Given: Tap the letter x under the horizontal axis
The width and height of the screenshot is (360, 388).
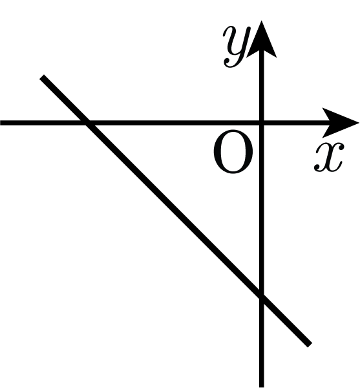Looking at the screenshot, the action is tap(329, 157).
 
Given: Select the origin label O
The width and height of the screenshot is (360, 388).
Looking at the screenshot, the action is tap(233, 151).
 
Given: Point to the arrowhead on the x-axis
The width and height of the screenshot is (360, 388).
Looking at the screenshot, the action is tap(341, 123).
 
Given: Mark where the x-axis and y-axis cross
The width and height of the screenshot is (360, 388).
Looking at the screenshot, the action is tap(262, 123).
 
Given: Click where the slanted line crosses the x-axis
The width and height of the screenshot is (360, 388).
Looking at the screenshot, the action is tap(85, 123).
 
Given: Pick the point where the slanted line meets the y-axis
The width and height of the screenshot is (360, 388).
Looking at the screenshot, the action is tap(262, 297).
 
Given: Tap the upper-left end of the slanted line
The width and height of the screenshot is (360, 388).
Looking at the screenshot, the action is tap(41, 77).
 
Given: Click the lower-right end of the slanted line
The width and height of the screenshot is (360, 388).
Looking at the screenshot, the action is tap(310, 345).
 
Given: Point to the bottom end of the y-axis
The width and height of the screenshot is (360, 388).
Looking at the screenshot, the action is tap(262, 387).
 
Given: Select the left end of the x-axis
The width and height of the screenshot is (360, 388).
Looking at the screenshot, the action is tap(1, 123).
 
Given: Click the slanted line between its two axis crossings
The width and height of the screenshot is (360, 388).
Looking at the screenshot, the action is tap(174, 210).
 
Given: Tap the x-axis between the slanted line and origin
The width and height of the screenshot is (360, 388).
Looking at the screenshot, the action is tap(174, 123).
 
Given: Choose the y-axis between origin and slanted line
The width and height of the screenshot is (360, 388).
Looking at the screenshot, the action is tap(262, 210).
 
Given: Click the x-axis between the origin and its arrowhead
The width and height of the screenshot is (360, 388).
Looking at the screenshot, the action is tap(294, 123).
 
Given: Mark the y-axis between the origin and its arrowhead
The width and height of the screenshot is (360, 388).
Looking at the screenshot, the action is tap(262, 87).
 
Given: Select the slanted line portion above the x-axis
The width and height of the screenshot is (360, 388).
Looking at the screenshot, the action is tap(63, 100).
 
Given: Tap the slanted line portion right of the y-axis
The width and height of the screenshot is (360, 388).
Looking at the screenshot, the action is tap(286, 321).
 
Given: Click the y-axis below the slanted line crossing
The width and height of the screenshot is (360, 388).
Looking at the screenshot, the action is tap(262, 342).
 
